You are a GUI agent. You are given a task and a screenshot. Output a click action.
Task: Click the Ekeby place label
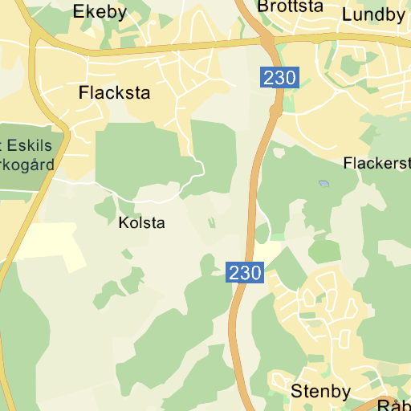(100, 11)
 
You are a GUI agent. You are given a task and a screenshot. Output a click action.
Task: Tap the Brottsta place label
(290, 6)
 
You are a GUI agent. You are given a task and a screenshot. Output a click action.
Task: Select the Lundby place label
(373, 14)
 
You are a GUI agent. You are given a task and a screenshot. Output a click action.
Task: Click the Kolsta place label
(140, 222)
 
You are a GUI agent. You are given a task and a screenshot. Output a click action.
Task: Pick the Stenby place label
(320, 392)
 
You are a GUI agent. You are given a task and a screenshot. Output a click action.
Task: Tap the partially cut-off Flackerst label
(376, 163)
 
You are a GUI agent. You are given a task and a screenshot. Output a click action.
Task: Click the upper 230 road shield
(279, 79)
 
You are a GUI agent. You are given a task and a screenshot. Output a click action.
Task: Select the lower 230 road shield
(244, 272)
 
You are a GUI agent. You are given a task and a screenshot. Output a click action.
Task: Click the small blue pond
(324, 184)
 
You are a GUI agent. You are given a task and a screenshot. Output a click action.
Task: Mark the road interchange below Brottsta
(267, 39)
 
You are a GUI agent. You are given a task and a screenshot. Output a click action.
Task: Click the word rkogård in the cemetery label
(26, 165)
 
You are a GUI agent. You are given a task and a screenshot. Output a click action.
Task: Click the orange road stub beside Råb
(377, 405)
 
